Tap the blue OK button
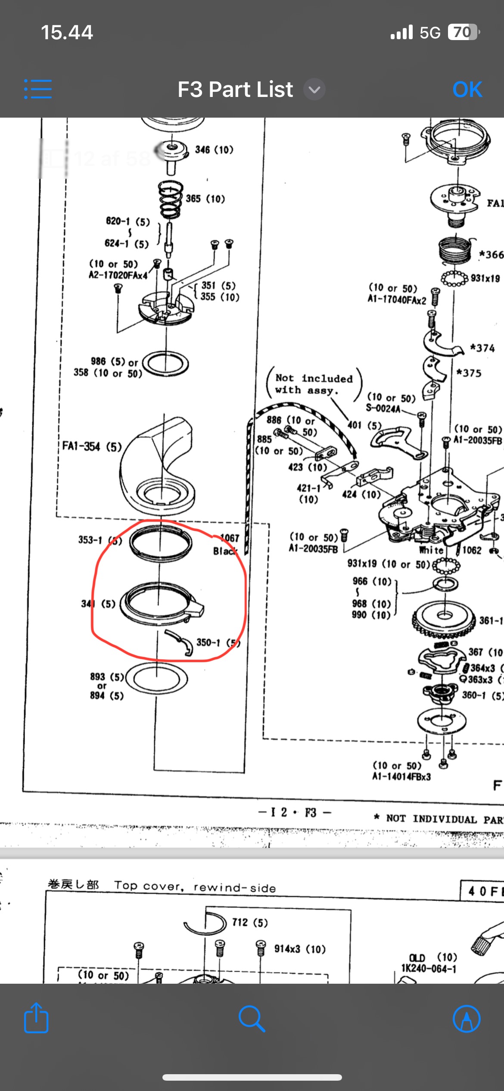(467, 90)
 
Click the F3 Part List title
(235, 90)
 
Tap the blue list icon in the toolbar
(38, 89)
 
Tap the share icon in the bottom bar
(36, 1019)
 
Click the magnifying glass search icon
(252, 1019)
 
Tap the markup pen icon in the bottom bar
(466, 1019)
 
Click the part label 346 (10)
(214, 150)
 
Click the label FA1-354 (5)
(92, 446)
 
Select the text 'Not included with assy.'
(314, 384)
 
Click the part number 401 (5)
(364, 425)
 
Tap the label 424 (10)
(361, 494)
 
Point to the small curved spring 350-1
(181, 642)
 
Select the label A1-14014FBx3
(401, 776)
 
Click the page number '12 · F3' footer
(295, 812)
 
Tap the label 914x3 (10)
(300, 949)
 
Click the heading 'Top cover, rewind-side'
(195, 886)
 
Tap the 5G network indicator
(430, 33)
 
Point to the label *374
(482, 348)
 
